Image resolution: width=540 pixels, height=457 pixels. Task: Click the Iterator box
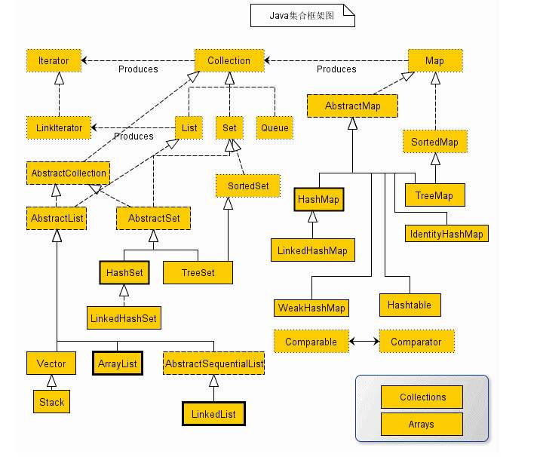tap(53, 60)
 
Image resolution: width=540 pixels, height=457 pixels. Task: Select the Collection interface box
tap(229, 60)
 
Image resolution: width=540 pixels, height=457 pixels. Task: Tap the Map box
tap(434, 60)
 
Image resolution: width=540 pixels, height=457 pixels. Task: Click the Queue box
tap(275, 127)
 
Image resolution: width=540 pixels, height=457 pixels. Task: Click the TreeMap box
tap(434, 195)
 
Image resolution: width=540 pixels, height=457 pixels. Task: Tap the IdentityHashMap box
tap(446, 234)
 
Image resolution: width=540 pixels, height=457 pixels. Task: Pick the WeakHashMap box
tap(311, 308)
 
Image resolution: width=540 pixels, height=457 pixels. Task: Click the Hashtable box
tap(410, 305)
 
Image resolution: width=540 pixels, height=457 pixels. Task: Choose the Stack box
tap(51, 402)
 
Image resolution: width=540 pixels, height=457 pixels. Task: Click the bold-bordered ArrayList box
tap(117, 363)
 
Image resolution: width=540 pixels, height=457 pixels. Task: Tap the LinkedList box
tap(214, 414)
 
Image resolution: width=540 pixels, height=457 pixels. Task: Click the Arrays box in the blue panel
tap(421, 424)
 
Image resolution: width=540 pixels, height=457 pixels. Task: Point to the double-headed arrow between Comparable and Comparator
tap(364, 342)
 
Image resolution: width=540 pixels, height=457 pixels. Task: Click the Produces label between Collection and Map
tap(336, 69)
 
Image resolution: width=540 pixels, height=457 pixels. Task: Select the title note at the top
tap(302, 15)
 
